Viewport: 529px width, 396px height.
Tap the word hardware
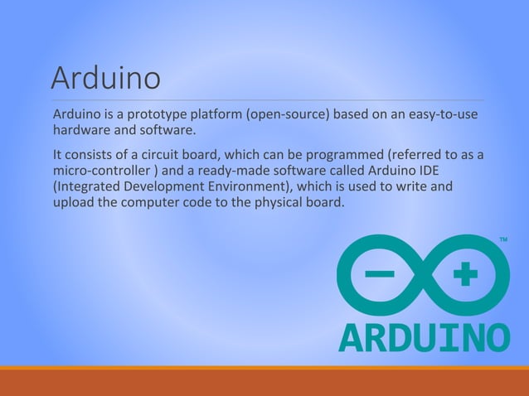click(82, 130)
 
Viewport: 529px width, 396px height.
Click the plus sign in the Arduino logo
click(466, 274)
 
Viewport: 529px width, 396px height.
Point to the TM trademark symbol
click(503, 240)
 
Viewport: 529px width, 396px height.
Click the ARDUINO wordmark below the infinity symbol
click(424, 336)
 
